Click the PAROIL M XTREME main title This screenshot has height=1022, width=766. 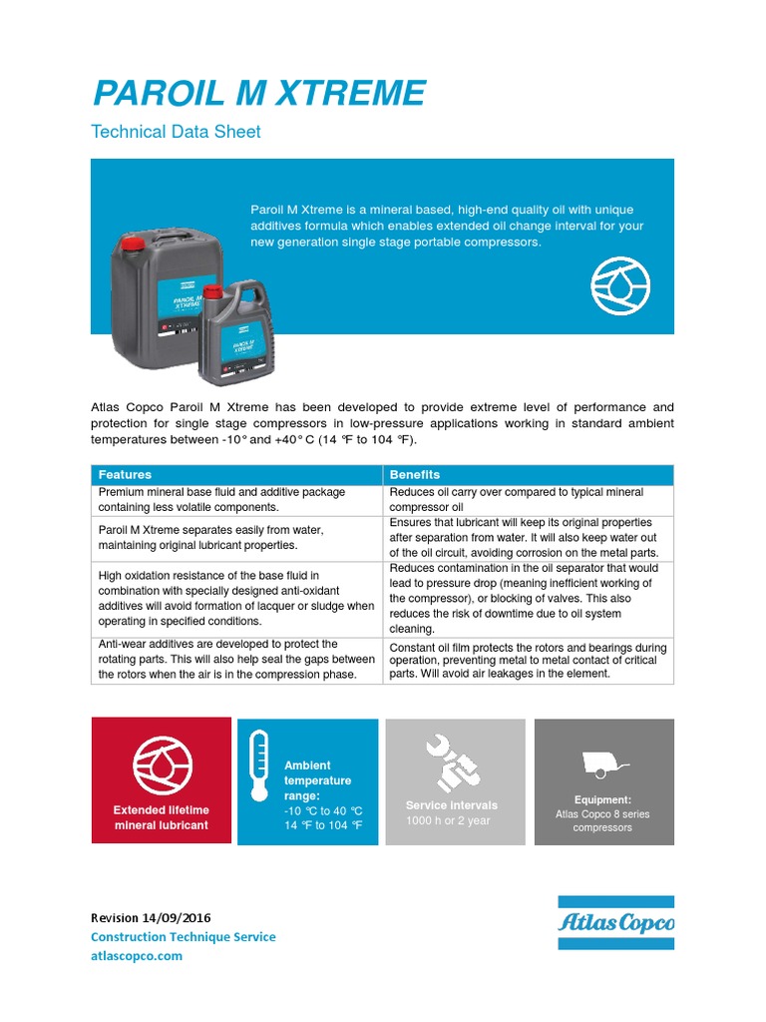point(258,94)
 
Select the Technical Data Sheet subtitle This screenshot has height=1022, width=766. point(176,132)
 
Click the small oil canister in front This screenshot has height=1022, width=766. point(238,335)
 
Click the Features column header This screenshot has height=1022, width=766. point(125,474)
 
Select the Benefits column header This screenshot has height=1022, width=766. point(414,474)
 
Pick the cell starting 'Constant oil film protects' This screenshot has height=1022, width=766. point(528,661)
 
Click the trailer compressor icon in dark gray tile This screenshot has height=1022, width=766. point(605,764)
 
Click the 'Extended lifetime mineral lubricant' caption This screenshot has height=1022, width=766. point(161,817)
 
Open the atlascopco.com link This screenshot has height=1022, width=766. point(137,956)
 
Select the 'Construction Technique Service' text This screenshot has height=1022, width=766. point(183,937)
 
